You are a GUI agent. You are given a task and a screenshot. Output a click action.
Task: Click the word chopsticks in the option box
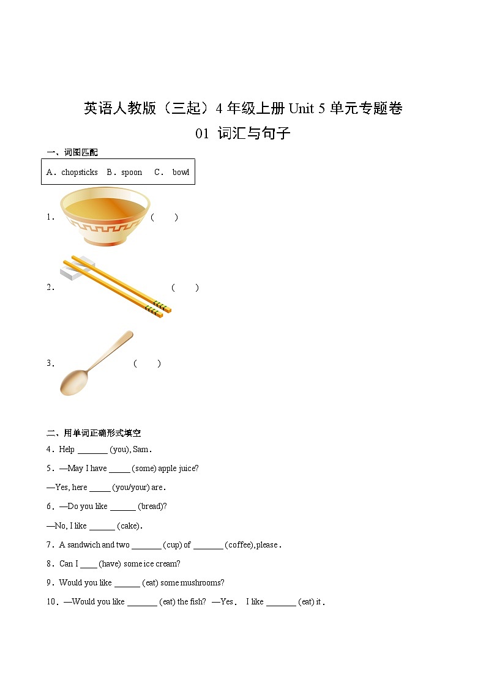pos(79,173)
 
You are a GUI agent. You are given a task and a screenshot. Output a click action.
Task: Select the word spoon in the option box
pos(132,173)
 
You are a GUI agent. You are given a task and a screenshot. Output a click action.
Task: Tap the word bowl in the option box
pos(181,173)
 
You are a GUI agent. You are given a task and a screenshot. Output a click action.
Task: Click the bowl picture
pos(105,217)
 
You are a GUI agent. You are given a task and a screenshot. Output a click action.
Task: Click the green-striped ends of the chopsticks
pos(158,308)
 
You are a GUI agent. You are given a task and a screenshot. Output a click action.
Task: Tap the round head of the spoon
pos(74,382)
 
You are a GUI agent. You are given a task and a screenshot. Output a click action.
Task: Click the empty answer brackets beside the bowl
pos(164,217)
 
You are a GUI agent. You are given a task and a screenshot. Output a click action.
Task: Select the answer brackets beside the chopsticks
pos(185,288)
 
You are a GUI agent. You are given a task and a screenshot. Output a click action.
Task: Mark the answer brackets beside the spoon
pos(147,363)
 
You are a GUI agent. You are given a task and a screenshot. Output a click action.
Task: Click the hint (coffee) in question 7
pos(239,544)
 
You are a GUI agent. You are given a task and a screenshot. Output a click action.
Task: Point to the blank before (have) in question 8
pos(89,563)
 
